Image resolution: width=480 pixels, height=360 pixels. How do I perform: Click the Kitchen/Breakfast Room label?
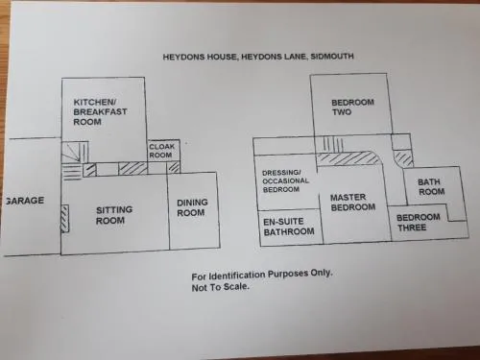coord(100,112)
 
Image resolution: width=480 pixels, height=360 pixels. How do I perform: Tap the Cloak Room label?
coord(161,151)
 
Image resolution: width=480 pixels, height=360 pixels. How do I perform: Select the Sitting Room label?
coord(114,215)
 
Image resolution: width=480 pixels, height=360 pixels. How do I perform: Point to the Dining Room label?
coord(192,207)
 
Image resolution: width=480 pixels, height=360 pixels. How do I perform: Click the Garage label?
coord(24,201)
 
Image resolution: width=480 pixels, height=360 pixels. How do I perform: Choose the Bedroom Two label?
coord(352,108)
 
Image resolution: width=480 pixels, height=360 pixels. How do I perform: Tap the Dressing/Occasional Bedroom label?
coord(285,181)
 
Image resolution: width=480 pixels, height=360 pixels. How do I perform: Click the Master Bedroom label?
coord(352,203)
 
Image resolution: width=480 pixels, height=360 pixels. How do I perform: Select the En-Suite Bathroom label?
coord(289,227)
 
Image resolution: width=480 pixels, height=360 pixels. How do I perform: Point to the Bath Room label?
coord(431,187)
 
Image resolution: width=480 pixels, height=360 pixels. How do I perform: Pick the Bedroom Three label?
coord(418,223)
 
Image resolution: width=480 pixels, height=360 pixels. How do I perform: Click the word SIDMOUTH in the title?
coord(332,57)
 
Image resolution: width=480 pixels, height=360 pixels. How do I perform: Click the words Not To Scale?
coord(220,287)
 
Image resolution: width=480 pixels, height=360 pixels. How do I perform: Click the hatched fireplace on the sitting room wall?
coord(65,219)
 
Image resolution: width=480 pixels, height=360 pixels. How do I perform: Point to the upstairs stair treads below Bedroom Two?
coord(332,144)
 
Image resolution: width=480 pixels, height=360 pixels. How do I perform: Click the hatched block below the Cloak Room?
coord(174,168)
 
